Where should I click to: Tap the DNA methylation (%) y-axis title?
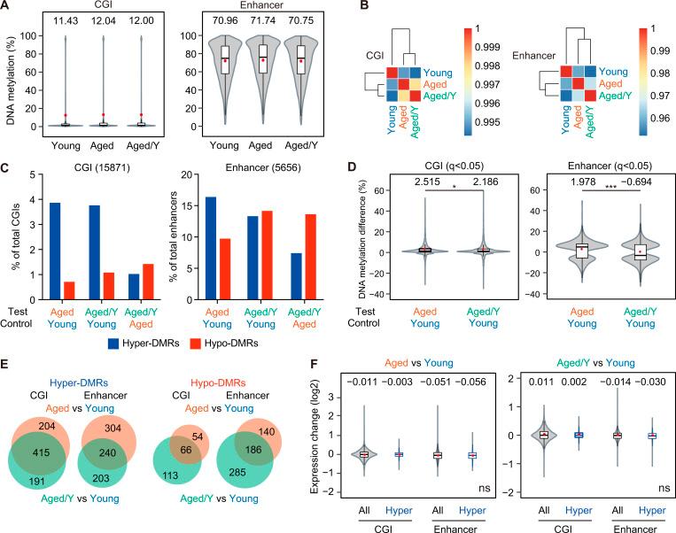click(x=12, y=81)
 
